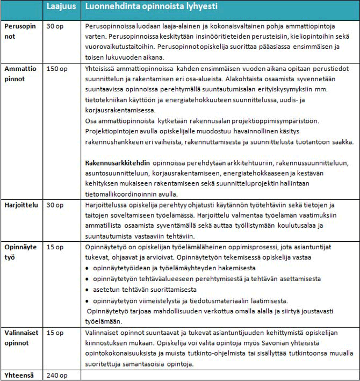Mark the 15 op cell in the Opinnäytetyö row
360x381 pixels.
(x=55, y=247)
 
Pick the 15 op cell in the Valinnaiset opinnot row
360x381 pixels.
(x=55, y=333)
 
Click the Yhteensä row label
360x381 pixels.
(x=19, y=375)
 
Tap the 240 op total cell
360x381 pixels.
(x=57, y=375)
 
